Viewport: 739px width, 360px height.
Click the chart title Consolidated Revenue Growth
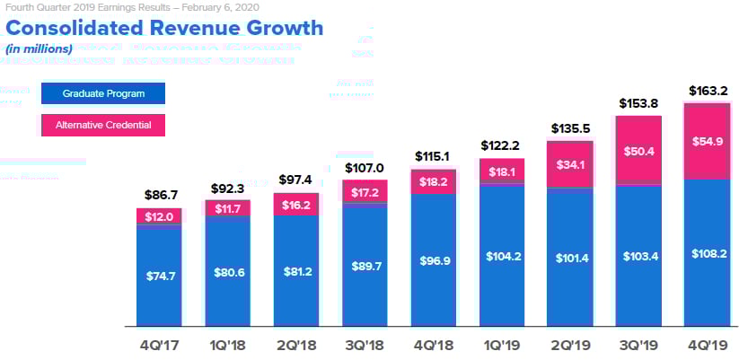point(164,28)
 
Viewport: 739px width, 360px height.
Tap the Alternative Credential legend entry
point(104,125)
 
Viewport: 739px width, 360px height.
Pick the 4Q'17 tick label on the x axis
point(159,346)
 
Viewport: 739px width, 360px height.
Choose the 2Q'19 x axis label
point(569,346)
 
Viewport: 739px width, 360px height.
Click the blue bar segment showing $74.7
point(159,275)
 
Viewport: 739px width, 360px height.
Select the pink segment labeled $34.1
point(569,164)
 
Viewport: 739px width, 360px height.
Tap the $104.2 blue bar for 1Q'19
point(501,255)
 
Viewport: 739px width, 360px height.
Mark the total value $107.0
point(364,168)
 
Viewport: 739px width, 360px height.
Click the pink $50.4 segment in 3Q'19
point(638,150)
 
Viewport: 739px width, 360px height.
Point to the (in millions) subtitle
point(39,48)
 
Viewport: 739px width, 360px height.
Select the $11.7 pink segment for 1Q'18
point(227,208)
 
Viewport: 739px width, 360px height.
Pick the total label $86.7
point(159,195)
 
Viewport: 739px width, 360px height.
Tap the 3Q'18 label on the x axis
point(364,346)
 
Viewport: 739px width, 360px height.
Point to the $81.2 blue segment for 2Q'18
point(295,270)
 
